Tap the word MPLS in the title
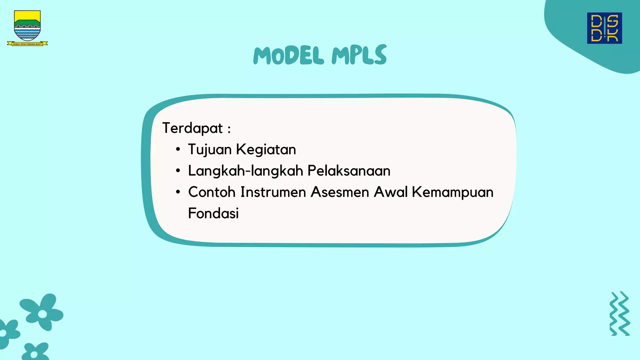[359, 55]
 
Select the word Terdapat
[192, 128]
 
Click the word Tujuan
[210, 149]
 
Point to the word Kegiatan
[266, 149]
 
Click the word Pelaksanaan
[349, 171]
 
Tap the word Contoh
[212, 192]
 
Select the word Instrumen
[273, 192]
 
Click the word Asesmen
[340, 192]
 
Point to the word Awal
[391, 192]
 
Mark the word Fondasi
[213, 213]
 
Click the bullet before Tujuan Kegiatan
[178, 149]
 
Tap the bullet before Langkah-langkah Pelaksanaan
[178, 171]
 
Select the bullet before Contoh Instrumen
[178, 192]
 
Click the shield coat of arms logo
[27, 27]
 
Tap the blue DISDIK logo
[604, 28]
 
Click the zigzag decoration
[620, 313]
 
